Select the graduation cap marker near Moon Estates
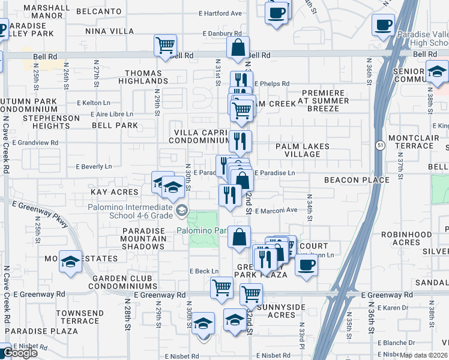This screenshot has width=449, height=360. tap(71, 262)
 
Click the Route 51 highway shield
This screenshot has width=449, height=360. tap(380, 145)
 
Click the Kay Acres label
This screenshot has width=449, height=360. tap(114, 192)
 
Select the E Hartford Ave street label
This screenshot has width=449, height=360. tap(221, 13)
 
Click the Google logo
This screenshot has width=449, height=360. tap(20, 353)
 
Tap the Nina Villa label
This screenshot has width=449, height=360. tap(109, 31)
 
